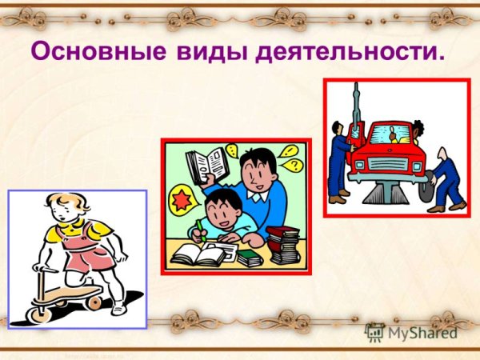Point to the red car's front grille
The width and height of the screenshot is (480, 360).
[389, 163]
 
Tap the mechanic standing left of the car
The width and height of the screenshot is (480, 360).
[341, 160]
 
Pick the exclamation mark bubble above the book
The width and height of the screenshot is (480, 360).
[232, 149]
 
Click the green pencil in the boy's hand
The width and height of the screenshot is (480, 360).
[201, 230]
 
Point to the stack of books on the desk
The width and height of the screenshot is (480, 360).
[282, 244]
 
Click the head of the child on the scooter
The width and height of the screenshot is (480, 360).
[62, 210]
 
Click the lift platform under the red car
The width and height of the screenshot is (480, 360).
[388, 192]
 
